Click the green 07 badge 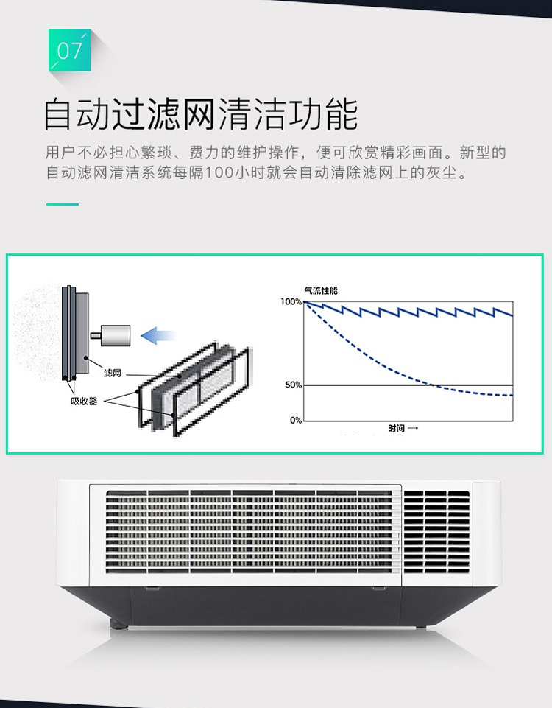(69, 50)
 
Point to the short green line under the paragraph (63, 203)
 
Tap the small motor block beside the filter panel (113, 334)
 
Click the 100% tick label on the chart (291, 302)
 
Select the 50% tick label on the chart (293, 385)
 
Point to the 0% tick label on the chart (295, 420)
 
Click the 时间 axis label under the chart (398, 428)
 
